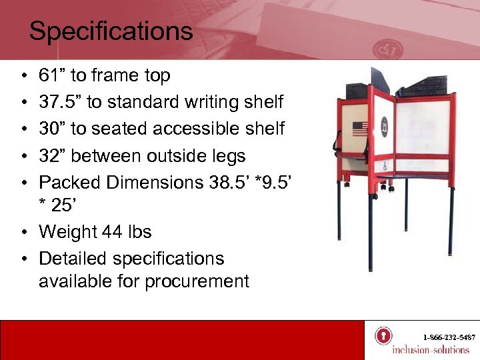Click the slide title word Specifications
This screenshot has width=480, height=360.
pyautogui.click(x=111, y=31)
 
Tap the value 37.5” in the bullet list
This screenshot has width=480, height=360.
pyautogui.click(x=61, y=103)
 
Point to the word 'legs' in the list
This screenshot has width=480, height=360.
pyautogui.click(x=229, y=156)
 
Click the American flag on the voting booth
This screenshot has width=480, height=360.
pyautogui.click(x=359, y=128)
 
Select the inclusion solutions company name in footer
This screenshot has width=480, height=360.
pyautogui.click(x=430, y=350)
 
